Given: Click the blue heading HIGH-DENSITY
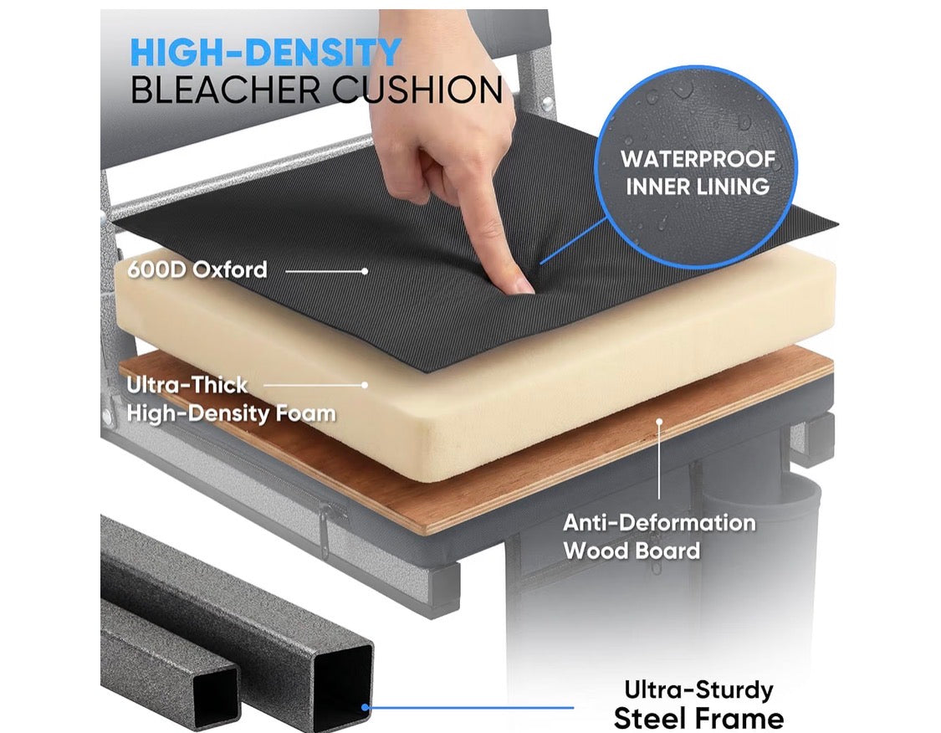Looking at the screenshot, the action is click(265, 52).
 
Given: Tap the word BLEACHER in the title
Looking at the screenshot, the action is click(226, 90).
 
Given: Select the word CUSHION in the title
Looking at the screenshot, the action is click(417, 90).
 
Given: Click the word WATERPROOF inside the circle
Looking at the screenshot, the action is click(698, 159).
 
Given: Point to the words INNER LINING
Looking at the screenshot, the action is click(698, 186).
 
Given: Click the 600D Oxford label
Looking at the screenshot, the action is click(197, 269).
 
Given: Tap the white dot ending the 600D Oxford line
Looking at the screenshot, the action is click(365, 271).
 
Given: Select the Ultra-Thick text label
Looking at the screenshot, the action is click(187, 385).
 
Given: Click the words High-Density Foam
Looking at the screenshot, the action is click(231, 413).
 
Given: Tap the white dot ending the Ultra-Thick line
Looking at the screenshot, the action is click(365, 385).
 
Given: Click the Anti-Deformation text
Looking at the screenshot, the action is click(659, 522).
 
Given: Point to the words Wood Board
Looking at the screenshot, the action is click(632, 551).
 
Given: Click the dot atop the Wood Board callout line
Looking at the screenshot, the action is click(659, 422).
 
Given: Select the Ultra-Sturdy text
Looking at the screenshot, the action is click(698, 689).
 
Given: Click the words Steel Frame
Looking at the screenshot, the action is click(698, 718).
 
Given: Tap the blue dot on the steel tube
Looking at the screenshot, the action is click(365, 707).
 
